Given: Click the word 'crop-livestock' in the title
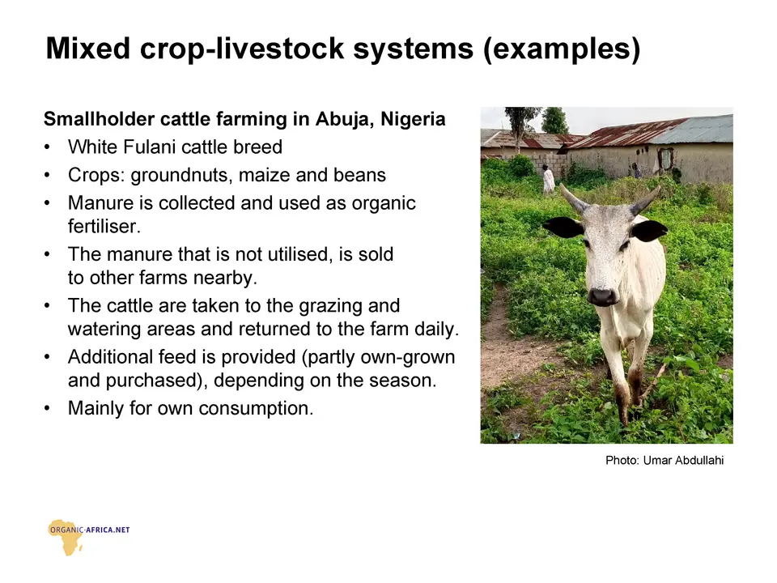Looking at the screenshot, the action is tap(242, 49).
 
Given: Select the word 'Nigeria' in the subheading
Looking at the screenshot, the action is tap(414, 120).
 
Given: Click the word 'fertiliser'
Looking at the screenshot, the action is tap(104, 227).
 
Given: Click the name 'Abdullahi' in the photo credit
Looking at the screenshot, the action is tap(699, 461).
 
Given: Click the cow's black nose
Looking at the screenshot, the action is tap(601, 296).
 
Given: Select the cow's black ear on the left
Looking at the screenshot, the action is tap(563, 227).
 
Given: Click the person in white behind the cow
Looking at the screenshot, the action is tap(548, 179).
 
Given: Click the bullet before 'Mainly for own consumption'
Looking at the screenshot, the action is tap(47, 408).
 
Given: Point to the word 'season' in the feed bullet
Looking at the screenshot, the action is tap(398, 381).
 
